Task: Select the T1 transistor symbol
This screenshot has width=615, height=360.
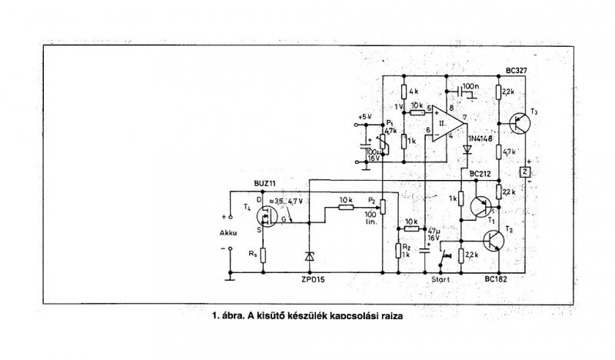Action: tap(482, 206)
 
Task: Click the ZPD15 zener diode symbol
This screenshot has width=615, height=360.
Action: tap(308, 256)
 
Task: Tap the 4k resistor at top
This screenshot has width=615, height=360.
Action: tap(404, 92)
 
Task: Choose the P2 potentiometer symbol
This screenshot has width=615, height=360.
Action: tap(382, 204)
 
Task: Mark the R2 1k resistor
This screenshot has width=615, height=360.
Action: tap(398, 249)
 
